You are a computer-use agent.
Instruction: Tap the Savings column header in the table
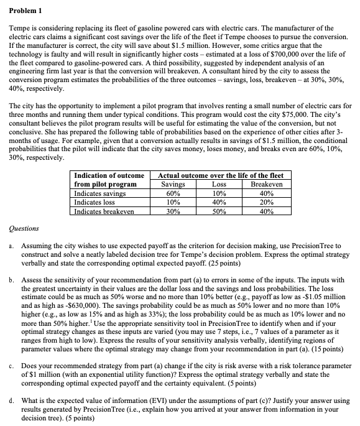pyautogui.click(x=173, y=185)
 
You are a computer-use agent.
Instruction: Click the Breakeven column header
pyautogui.click(x=266, y=185)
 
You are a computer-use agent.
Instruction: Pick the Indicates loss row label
pyautogui.click(x=95, y=202)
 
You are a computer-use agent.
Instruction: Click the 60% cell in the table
pyautogui.click(x=173, y=193)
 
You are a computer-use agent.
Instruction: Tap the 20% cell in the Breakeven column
pyautogui.click(x=266, y=202)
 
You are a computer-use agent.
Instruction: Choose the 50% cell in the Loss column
pyautogui.click(x=219, y=211)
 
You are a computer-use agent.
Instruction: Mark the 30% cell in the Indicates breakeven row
pyautogui.click(x=173, y=211)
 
